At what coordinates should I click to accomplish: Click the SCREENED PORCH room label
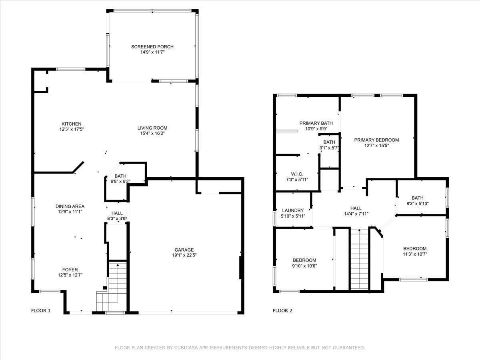pyautogui.click(x=152, y=46)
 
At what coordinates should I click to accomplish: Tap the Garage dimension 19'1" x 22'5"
pyautogui.click(x=184, y=255)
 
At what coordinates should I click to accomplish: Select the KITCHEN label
pyautogui.click(x=72, y=124)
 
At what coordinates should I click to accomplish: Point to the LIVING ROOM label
pyautogui.click(x=152, y=128)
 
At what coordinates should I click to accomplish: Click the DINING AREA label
pyautogui.click(x=70, y=206)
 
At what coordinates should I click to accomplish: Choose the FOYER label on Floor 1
pyautogui.click(x=70, y=270)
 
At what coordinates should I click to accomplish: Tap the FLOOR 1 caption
pyautogui.click(x=41, y=311)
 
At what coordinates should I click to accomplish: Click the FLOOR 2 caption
pyautogui.click(x=282, y=311)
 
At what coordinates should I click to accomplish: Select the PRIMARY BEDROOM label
pyautogui.click(x=376, y=140)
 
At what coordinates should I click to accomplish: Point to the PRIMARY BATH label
pyautogui.click(x=316, y=123)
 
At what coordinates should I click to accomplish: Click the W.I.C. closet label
pyautogui.click(x=297, y=174)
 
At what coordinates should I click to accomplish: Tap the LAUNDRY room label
pyautogui.click(x=293, y=210)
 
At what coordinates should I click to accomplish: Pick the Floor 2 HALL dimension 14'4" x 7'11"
pyautogui.click(x=356, y=214)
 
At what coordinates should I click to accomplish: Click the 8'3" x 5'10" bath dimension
pyautogui.click(x=418, y=204)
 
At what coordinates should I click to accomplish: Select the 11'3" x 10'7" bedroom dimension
pyautogui.click(x=415, y=254)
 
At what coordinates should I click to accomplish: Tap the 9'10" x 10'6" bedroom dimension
pyautogui.click(x=304, y=266)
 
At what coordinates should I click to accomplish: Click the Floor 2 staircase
pyautogui.click(x=360, y=259)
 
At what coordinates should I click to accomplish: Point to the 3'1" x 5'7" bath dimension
pyautogui.click(x=329, y=148)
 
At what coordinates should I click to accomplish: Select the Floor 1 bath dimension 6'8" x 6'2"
pyautogui.click(x=120, y=181)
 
